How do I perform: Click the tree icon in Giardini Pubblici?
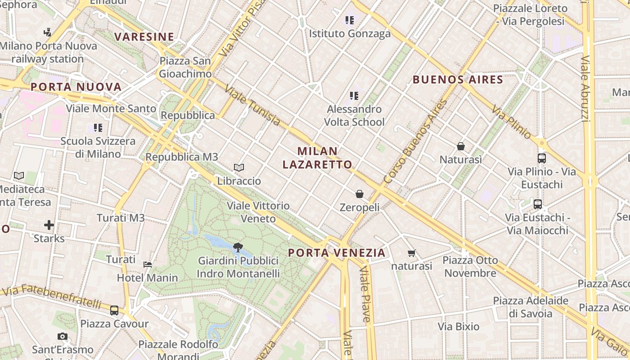pyautogui.click(x=238, y=247)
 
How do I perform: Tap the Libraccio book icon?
pyautogui.click(x=239, y=168)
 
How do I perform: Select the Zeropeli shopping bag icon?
pyautogui.click(x=359, y=194)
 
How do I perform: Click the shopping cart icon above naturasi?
pyautogui.click(x=411, y=253)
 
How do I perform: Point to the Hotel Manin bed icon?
pyautogui.click(x=148, y=265)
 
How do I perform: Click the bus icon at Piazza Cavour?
pyautogui.click(x=114, y=310)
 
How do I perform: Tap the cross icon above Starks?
pyautogui.click(x=49, y=225)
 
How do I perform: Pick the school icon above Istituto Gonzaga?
pyautogui.click(x=350, y=20)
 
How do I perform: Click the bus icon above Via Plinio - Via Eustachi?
pyautogui.click(x=542, y=158)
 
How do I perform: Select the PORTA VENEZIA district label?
pyautogui.click(x=337, y=253)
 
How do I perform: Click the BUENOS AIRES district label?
pyautogui.click(x=458, y=80)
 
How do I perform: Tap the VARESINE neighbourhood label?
pyautogui.click(x=144, y=37)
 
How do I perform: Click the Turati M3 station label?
pyautogui.click(x=121, y=218)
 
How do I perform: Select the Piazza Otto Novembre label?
pyautogui.click(x=470, y=266)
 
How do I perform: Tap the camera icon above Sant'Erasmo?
pyautogui.click(x=63, y=336)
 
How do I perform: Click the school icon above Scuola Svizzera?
pyautogui.click(x=98, y=128)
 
